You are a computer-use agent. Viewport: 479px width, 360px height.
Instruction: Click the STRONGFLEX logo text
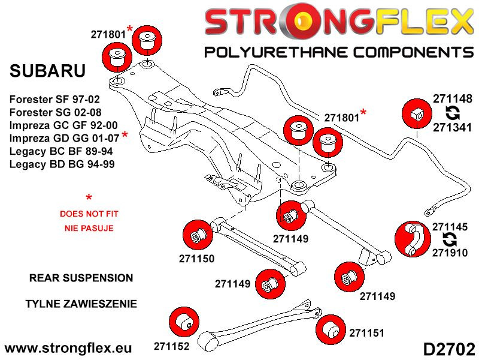(x=338, y=23)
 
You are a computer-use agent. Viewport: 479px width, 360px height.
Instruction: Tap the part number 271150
(x=196, y=259)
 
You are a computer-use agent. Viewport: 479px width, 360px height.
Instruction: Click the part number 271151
(x=366, y=332)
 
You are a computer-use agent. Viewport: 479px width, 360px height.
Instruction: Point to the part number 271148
(x=453, y=99)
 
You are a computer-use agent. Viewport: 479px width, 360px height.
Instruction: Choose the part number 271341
(x=453, y=127)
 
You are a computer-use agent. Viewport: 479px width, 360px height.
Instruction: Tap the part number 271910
(x=452, y=254)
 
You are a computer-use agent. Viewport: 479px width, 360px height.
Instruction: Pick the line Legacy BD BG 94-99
(x=62, y=164)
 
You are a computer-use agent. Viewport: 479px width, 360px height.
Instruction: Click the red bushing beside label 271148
(x=416, y=112)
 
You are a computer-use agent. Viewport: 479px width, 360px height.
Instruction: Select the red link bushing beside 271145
(x=413, y=241)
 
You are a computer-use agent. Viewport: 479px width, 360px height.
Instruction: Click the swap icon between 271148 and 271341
(x=453, y=113)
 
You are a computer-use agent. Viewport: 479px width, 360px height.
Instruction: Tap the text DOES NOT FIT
(x=89, y=214)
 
